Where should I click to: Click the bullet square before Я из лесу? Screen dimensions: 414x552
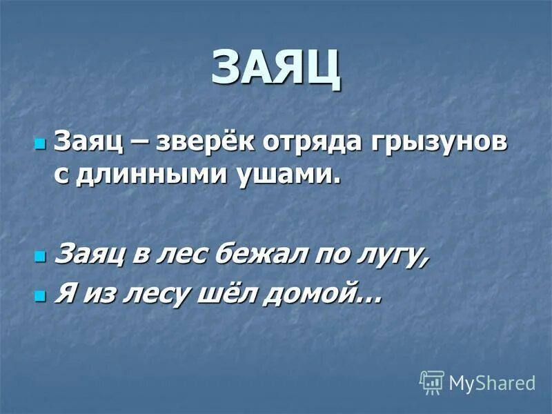tap(39, 296)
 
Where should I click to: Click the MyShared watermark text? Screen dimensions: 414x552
tap(492, 383)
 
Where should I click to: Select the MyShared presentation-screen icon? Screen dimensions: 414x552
tap(432, 382)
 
